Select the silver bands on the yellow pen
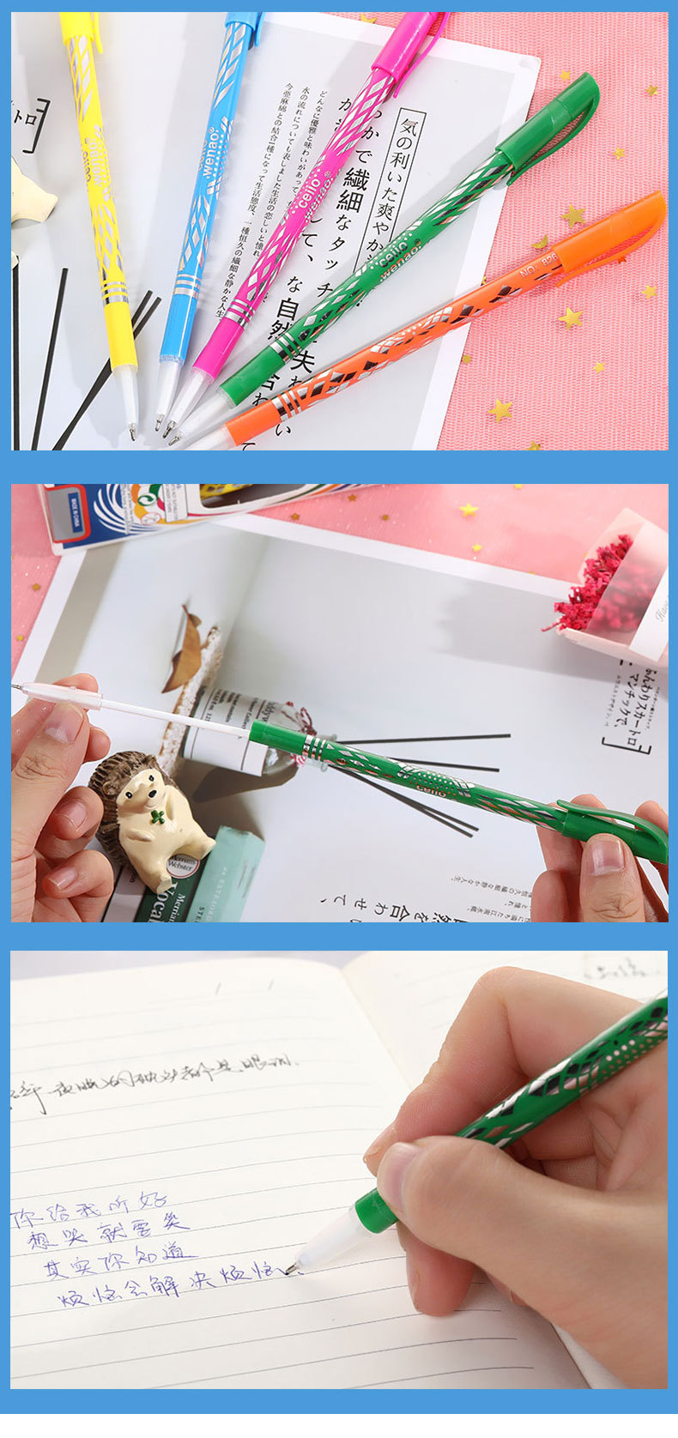tap(115, 288)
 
